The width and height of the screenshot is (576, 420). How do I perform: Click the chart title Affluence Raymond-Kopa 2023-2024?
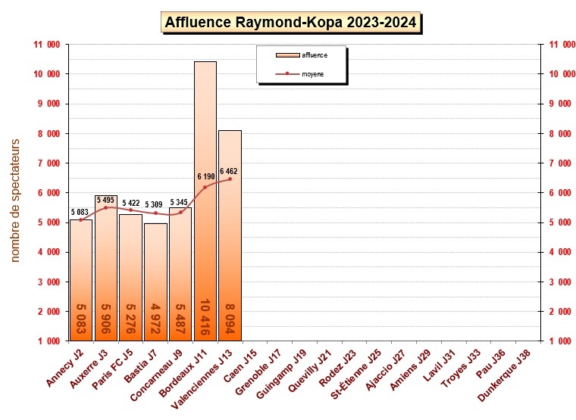(291, 22)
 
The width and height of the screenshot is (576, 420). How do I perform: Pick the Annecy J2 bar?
(80, 280)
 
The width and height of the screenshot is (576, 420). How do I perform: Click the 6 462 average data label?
(231, 171)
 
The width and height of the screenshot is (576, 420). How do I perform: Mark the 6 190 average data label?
(206, 176)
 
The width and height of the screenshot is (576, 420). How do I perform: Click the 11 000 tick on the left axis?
(47, 45)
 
